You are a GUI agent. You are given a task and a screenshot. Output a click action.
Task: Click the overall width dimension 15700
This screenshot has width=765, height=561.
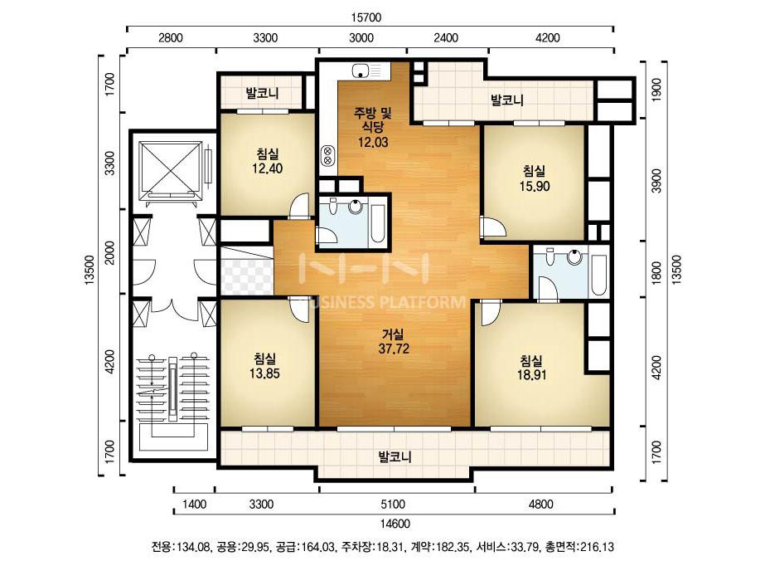[x=366, y=17]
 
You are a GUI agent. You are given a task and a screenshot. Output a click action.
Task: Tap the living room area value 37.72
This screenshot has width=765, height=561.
[x=394, y=349]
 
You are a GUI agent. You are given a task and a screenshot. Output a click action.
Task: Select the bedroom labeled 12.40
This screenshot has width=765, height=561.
[x=268, y=161]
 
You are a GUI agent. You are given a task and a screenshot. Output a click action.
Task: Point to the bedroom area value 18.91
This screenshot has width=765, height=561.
[x=532, y=375]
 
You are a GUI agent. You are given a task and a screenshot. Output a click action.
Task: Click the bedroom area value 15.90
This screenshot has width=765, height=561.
[x=535, y=186]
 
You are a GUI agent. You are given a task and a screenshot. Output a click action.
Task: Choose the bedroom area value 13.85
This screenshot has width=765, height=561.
[x=265, y=373]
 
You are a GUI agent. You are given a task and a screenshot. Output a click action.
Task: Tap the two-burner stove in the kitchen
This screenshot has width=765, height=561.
[x=328, y=155]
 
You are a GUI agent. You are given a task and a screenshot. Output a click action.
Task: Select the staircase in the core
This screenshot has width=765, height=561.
[x=172, y=395]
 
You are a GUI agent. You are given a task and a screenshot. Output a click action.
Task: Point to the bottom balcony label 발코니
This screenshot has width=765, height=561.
[x=395, y=457]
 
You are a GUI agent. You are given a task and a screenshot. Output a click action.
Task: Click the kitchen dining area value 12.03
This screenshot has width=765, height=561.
[x=373, y=142]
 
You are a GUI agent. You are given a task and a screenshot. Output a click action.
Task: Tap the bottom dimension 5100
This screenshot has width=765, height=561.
[x=393, y=504]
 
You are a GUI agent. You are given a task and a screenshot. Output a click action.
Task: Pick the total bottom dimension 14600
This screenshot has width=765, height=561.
[x=395, y=524]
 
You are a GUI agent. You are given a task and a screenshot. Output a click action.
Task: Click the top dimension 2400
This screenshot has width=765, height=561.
[x=447, y=37]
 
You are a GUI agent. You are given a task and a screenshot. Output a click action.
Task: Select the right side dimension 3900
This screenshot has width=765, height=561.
[x=656, y=180]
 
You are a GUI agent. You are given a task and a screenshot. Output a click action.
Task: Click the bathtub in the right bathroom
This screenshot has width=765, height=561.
[x=599, y=276]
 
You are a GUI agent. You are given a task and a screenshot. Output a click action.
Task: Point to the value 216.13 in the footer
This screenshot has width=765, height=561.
[x=598, y=546]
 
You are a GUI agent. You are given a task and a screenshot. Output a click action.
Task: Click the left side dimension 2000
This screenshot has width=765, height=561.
[x=110, y=252]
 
